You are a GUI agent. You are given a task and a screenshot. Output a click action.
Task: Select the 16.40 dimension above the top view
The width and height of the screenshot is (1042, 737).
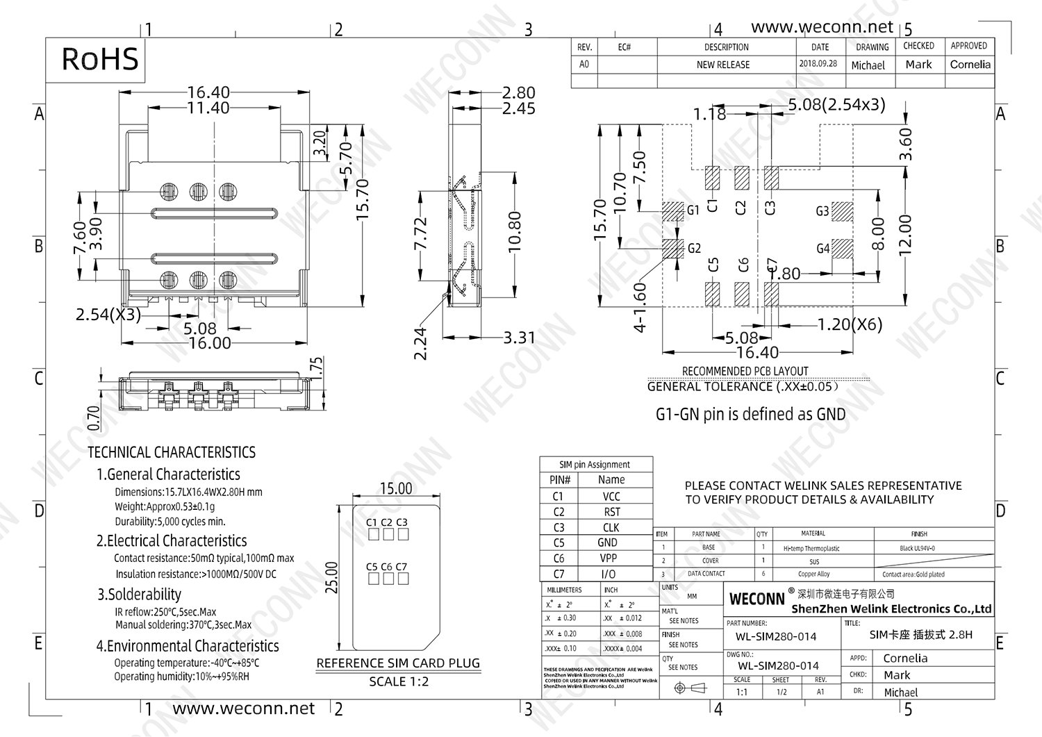[208, 92]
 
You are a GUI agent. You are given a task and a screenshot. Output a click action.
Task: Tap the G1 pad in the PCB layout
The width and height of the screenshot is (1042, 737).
[673, 210]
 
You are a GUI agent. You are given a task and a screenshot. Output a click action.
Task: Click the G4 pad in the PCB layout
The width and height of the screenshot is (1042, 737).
[843, 249]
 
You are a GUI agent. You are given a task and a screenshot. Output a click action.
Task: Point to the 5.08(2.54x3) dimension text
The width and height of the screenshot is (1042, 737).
[836, 105]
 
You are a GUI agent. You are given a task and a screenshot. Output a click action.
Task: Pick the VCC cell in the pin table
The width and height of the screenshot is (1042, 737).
[611, 497]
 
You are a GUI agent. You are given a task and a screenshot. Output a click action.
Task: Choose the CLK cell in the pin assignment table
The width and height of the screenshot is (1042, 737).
[611, 528]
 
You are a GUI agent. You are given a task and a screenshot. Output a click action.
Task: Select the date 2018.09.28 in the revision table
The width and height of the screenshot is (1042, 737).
[818, 64]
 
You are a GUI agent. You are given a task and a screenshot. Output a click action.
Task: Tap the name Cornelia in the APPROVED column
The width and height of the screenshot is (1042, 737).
[970, 65]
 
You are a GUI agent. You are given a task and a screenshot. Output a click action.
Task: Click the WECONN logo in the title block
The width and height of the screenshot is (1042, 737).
[756, 599]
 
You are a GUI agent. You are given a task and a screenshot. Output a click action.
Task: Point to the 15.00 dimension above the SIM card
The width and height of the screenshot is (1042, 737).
[396, 489]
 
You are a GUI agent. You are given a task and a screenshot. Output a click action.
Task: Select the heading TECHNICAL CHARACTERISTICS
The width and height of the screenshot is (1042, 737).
[172, 453]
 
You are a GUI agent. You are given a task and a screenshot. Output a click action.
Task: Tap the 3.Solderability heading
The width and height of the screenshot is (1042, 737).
[139, 595]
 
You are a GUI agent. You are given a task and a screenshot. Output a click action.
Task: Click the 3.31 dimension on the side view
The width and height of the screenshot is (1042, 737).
[519, 338]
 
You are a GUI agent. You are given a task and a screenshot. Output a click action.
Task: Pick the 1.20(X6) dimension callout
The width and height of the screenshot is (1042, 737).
[850, 324]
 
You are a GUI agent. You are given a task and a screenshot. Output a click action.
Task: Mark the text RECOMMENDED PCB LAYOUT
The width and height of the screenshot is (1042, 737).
[745, 372]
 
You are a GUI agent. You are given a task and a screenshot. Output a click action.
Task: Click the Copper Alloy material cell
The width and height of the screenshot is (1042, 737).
[813, 574]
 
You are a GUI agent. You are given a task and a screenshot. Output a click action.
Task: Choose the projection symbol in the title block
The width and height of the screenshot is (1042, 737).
[690, 688]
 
